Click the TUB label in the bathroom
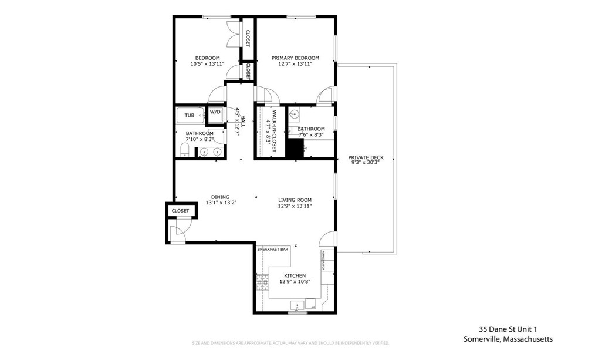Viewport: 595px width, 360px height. click(190, 115)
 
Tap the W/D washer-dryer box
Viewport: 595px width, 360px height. click(215, 112)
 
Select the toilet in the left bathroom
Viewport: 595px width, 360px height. click(184, 152)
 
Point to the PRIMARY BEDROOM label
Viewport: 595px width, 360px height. click(295, 58)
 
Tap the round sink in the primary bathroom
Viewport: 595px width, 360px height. click(295, 113)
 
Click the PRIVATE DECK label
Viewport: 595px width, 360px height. click(366, 157)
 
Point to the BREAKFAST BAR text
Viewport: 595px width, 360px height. click(273, 250)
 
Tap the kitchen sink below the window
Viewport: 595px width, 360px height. click(298, 305)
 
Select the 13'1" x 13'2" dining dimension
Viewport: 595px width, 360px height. click(221, 203)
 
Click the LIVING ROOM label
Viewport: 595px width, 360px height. click(295, 200)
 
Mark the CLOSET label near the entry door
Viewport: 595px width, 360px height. click(180, 210)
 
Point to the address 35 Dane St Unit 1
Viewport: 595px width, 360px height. click(508, 329)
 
